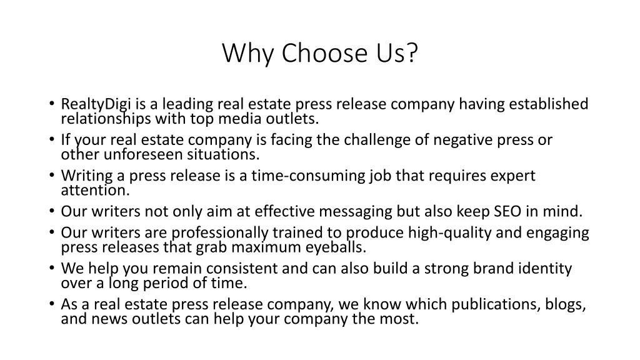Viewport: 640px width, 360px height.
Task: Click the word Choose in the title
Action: tap(324, 53)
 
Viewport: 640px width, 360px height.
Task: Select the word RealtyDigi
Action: tap(96, 104)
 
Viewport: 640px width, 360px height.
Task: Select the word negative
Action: tap(463, 140)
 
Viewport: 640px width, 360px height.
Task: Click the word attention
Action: tap(96, 190)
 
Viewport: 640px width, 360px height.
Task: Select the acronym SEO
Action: tap(507, 211)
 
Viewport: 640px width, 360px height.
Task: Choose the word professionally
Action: tap(220, 233)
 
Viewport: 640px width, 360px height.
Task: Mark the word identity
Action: tap(545, 269)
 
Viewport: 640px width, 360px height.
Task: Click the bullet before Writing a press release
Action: tap(51, 175)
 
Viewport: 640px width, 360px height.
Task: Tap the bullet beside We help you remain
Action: tap(51, 268)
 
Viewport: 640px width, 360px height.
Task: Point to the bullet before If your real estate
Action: tap(51, 139)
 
